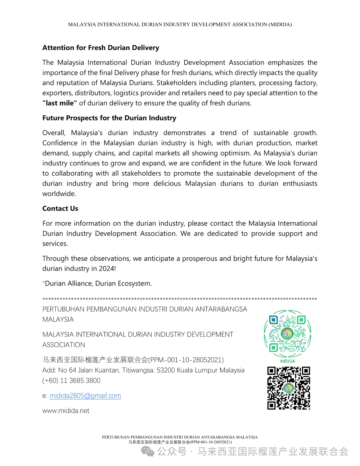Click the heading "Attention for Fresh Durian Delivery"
click(101, 48)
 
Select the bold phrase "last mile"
click(60, 103)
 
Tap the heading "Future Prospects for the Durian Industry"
click(109, 118)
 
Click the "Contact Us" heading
click(60, 209)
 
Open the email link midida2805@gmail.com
click(85, 396)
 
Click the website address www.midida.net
click(66, 411)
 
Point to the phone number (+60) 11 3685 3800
click(71, 381)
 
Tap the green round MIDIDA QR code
click(287, 334)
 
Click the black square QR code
click(289, 388)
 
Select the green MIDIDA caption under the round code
click(287, 361)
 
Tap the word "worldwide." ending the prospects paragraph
click(59, 194)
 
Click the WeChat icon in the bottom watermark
click(148, 451)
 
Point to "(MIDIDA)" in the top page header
click(280, 25)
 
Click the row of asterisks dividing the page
click(180, 299)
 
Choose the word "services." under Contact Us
click(55, 244)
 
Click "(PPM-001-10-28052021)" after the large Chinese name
click(186, 360)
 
